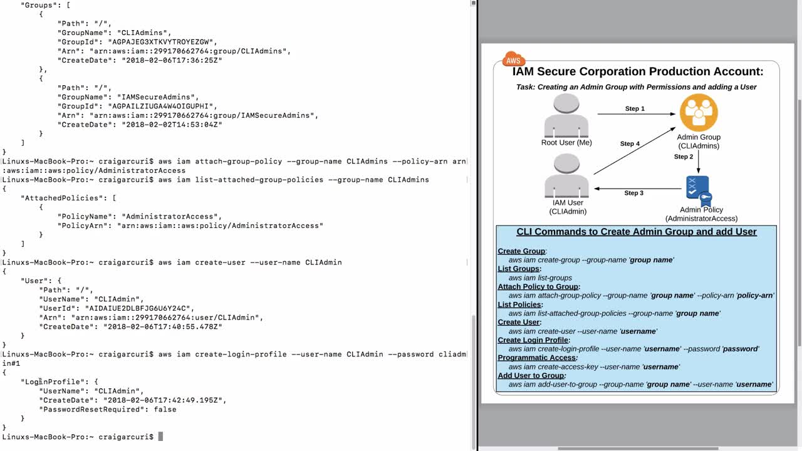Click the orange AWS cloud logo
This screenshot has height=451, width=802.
513,60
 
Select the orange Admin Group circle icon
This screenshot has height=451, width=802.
699,113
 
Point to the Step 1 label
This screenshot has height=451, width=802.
635,109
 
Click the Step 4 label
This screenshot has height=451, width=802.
630,144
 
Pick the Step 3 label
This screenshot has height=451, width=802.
633,193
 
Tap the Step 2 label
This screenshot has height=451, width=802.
684,157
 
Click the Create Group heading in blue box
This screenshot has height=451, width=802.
521,251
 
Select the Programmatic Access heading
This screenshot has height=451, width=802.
537,358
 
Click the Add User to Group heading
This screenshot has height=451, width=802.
531,376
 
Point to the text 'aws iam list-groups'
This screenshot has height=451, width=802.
540,277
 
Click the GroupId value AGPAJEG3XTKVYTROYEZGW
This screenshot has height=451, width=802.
161,42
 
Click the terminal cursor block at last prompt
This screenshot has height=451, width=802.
160,437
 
